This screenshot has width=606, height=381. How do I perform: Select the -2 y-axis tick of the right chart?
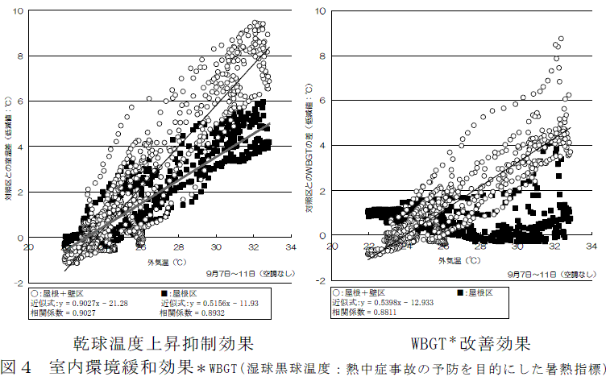pos(321,280)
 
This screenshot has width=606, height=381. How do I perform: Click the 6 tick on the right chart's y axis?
pos(322,101)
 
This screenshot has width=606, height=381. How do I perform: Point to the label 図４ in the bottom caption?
pos(18,368)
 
